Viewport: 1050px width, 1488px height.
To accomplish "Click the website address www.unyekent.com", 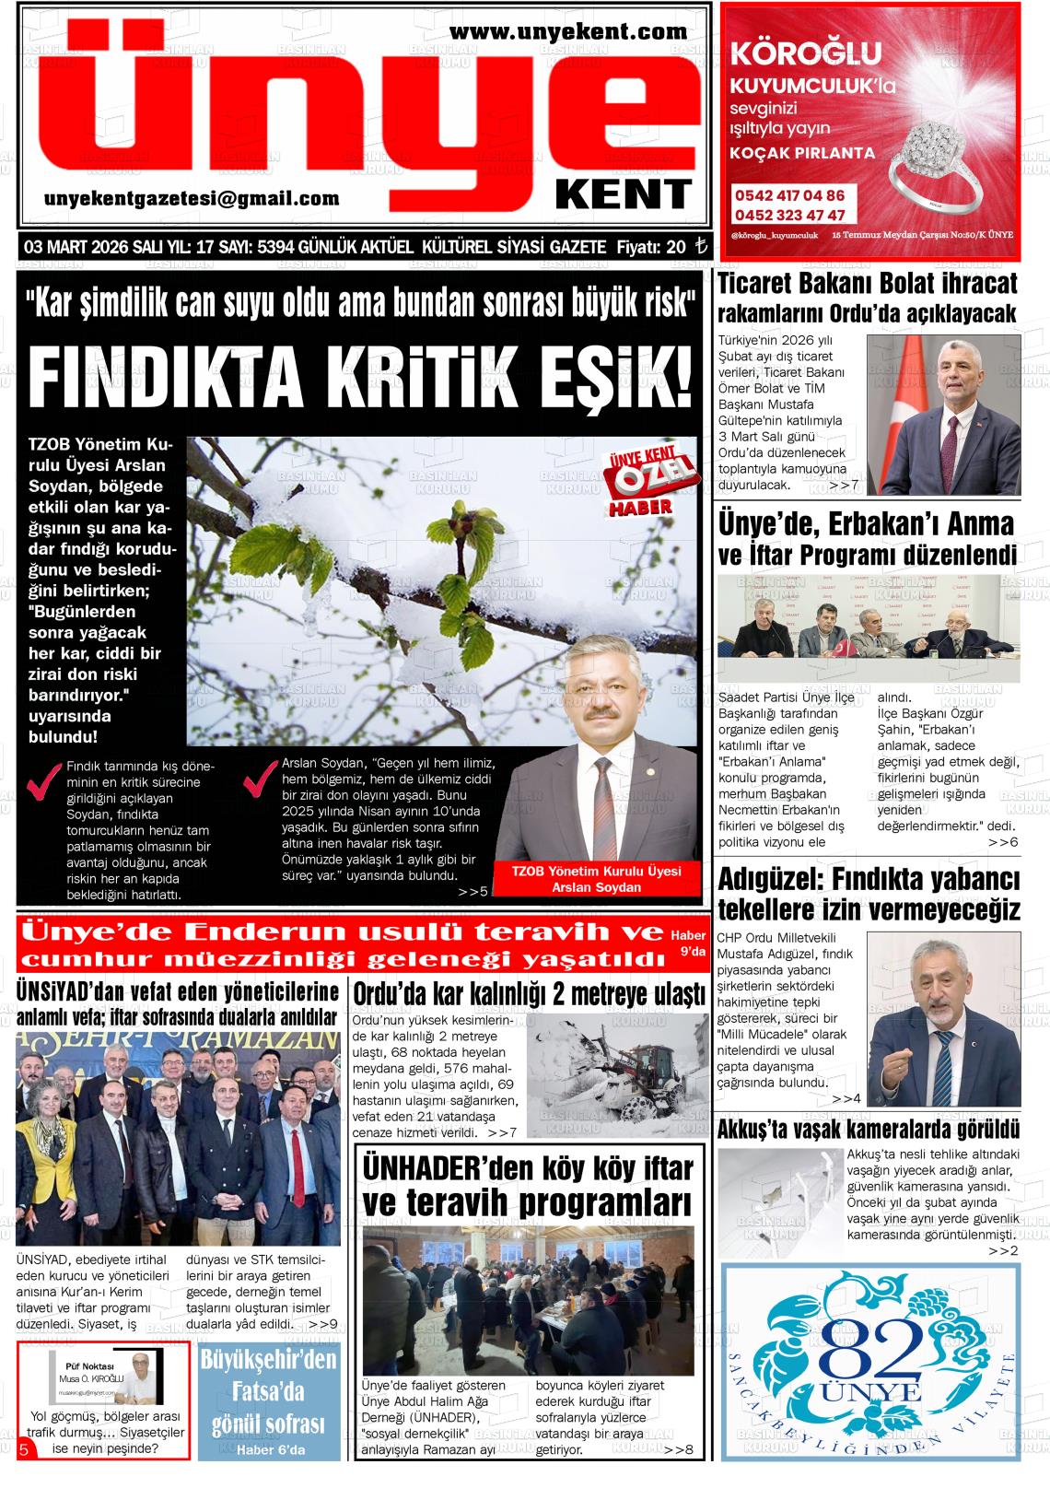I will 568,32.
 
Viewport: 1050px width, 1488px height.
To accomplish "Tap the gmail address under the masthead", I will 192,198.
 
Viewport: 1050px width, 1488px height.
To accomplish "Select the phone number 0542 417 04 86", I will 789,195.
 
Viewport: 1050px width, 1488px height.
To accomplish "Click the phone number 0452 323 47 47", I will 789,215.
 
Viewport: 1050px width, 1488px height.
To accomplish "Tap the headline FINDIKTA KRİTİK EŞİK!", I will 360,377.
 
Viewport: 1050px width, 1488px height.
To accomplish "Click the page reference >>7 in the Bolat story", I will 843,485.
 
